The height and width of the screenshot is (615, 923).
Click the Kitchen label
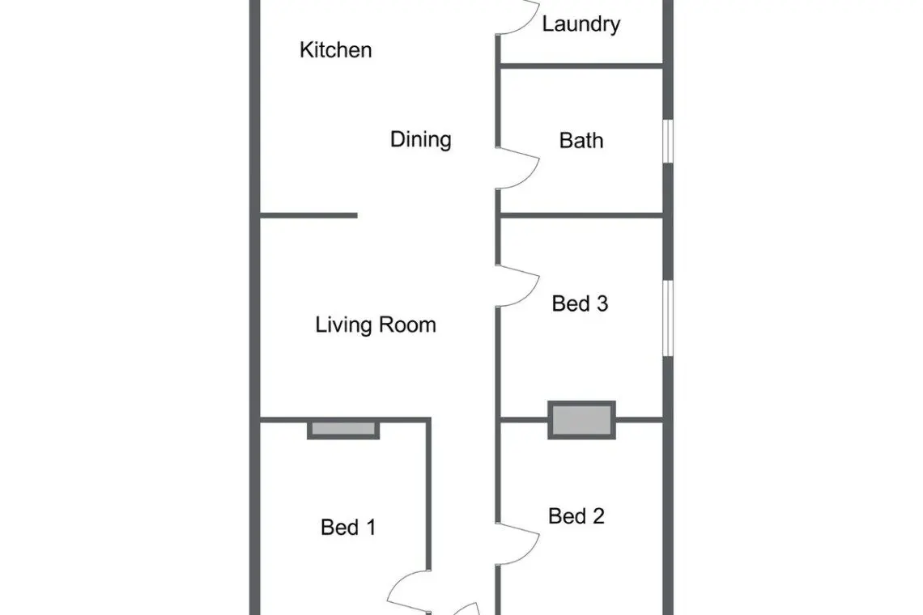335,50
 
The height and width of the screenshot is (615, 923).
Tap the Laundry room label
581,25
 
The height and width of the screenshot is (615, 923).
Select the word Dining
421,140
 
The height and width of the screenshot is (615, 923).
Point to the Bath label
581,141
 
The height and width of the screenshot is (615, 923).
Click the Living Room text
376,324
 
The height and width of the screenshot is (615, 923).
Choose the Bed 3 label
580,303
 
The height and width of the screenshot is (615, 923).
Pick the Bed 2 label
576,516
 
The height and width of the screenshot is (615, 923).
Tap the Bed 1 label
348,528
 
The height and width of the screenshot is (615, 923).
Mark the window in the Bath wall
668,142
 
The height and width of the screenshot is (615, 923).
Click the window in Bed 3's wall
668,318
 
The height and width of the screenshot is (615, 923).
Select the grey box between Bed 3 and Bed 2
581,420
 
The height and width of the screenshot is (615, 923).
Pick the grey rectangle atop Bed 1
343,429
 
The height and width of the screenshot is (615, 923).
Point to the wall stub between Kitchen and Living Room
308,215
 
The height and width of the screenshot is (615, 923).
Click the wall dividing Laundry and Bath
581,66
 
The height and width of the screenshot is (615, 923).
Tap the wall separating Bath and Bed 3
581,215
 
